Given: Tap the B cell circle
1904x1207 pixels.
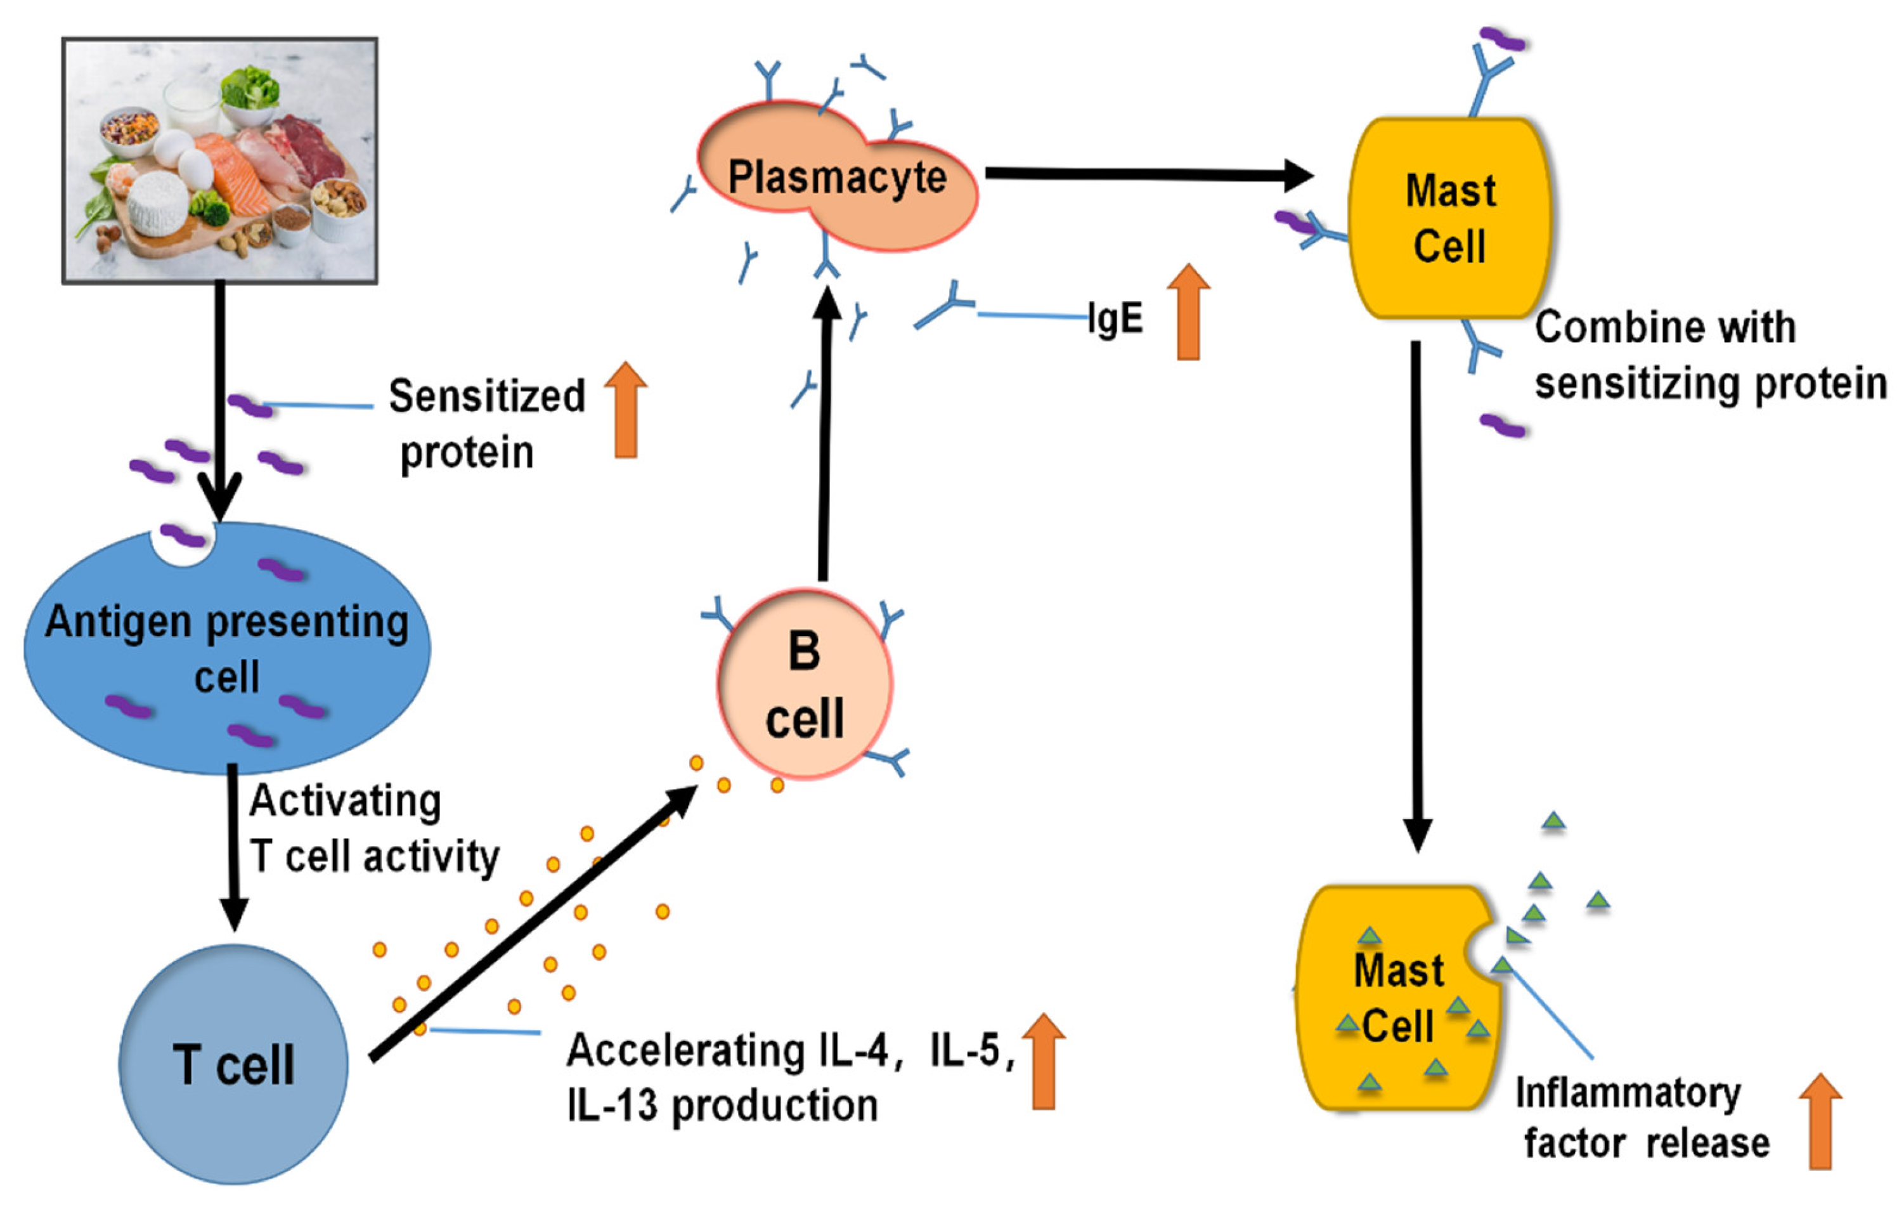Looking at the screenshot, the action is point(805,684).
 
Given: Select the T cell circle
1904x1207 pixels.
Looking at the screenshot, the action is point(234,1064).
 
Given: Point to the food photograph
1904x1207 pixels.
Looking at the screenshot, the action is point(220,160).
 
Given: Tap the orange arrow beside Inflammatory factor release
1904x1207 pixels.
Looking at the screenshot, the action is point(1821,1121).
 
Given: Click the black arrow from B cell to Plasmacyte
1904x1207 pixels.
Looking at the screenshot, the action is point(826,433).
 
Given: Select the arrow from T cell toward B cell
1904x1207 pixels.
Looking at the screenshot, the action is point(534,922).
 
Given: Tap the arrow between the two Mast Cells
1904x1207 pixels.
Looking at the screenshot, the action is point(1417,597).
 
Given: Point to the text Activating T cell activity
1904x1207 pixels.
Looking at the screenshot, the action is point(375,828).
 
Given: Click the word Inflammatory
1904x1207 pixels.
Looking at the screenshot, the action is point(1628,1094).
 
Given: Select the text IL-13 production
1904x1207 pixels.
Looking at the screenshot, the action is point(723,1105).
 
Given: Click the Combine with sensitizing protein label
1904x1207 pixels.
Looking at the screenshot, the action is point(1710,355).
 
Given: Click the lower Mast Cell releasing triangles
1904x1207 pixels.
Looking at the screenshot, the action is point(1396,998).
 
